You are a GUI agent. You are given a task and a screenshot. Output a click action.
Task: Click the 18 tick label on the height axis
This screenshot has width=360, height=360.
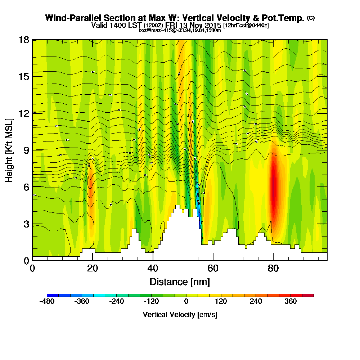[24, 40]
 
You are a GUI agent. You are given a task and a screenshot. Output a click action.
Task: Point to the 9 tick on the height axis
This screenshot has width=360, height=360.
[32, 150]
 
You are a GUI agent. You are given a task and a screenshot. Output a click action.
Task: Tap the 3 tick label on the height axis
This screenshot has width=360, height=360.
[26, 224]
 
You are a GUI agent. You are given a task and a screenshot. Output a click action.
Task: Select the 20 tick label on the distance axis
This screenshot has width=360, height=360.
[93, 268]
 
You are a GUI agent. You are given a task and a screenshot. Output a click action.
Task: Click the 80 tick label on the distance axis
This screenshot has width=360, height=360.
[274, 268]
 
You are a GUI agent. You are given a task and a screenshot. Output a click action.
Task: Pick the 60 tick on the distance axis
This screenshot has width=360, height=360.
[213, 260]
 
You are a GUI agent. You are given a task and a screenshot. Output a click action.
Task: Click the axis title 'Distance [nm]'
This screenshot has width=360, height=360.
[180, 281]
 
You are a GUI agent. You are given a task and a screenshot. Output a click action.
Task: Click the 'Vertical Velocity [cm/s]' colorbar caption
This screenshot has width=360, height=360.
[180, 315]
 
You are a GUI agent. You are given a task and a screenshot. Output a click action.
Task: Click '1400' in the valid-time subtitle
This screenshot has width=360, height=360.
[130, 25]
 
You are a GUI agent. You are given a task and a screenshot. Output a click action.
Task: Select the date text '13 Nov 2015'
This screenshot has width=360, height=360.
[202, 25]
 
